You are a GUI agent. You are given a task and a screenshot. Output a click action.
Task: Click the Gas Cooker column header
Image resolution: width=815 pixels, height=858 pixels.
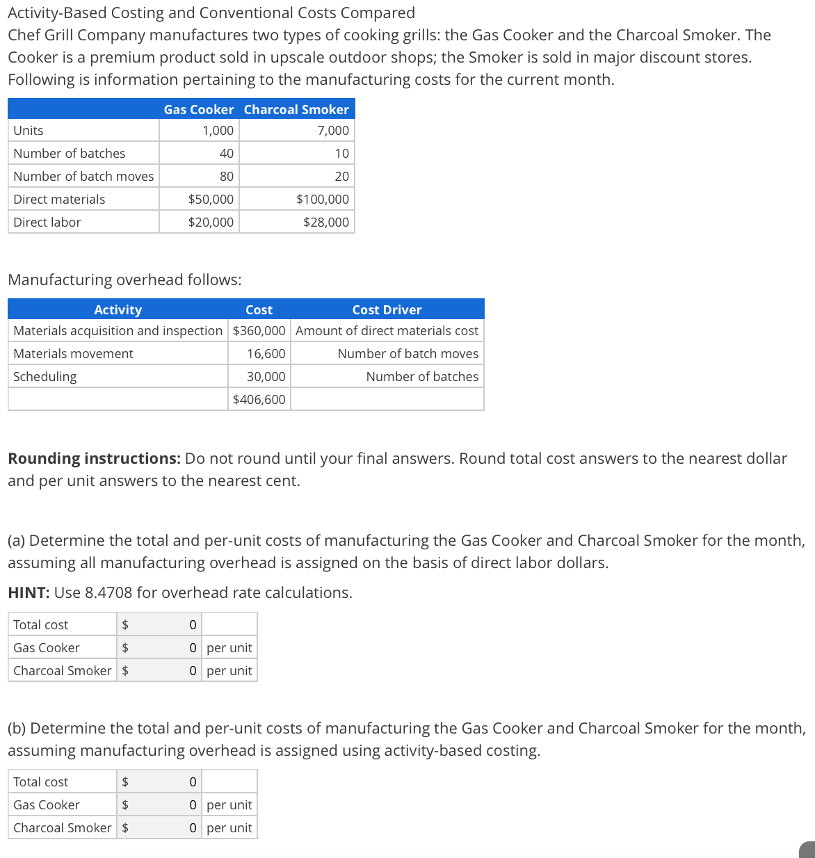click(x=198, y=109)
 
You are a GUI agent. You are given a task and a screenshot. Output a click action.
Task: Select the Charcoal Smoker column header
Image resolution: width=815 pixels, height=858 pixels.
click(x=296, y=109)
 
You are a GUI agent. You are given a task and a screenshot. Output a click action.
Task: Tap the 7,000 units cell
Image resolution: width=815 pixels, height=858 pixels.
click(x=332, y=131)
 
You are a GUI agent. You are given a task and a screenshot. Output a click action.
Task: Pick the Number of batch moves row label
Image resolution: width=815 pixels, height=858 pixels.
click(x=83, y=177)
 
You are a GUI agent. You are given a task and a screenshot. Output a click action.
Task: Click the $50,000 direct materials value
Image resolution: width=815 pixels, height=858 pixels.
click(x=211, y=200)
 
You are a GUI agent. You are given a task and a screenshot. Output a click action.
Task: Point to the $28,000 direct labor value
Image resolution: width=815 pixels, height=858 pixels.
click(x=325, y=222)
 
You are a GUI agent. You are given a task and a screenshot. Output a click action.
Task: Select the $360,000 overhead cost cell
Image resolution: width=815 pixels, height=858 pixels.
click(x=259, y=331)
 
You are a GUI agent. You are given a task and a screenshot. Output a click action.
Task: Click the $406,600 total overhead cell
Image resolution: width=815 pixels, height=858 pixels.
click(x=259, y=400)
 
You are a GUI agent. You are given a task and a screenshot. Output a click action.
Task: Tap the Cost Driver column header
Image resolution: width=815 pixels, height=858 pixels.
click(x=387, y=310)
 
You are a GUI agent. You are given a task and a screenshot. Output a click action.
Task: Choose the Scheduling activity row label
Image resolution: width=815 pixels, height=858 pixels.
click(x=45, y=377)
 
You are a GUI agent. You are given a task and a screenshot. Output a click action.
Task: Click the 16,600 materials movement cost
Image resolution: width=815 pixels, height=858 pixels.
click(x=266, y=354)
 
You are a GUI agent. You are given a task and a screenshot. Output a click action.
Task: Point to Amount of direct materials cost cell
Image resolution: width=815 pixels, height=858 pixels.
click(x=387, y=331)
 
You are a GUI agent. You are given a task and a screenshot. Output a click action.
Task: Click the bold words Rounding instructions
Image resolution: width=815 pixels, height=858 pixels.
click(x=94, y=459)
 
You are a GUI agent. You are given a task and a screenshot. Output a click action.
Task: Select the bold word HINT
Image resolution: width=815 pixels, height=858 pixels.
click(x=29, y=593)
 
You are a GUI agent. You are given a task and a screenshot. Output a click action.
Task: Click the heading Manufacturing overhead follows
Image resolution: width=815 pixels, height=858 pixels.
click(x=124, y=280)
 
